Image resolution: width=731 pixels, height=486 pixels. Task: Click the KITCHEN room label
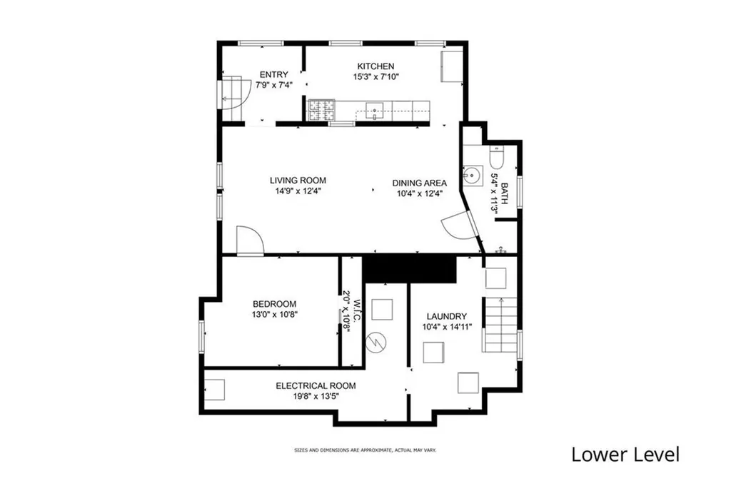coord(375,66)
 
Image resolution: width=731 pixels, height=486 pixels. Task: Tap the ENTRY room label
coord(273,74)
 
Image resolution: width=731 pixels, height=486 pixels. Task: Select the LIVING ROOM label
coord(298,181)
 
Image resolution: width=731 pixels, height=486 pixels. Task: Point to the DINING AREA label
coord(419,183)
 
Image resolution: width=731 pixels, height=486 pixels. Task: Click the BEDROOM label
coord(275,304)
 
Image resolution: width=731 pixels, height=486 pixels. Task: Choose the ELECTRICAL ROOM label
coord(316,386)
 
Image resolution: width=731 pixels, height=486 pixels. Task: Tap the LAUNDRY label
coord(447,316)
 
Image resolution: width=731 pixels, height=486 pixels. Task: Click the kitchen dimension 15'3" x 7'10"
coord(375,77)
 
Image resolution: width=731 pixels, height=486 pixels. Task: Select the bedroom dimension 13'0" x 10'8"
coord(275,315)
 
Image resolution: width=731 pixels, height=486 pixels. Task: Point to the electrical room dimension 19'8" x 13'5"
coord(316,397)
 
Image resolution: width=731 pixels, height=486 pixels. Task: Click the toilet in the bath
coord(496,156)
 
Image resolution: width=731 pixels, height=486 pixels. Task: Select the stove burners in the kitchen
coord(321,111)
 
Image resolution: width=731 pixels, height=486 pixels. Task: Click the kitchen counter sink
coord(374,111)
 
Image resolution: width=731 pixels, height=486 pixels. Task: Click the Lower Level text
coord(625,455)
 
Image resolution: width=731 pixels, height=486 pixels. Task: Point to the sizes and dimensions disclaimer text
coord(365,450)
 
